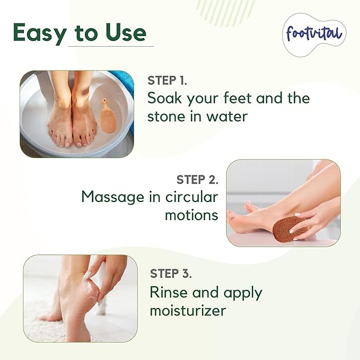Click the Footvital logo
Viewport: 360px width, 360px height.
(314, 34)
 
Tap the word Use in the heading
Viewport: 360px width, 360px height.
(124, 32)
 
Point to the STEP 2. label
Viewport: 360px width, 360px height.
(197, 179)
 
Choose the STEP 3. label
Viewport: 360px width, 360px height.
(171, 274)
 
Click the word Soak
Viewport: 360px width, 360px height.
(164, 99)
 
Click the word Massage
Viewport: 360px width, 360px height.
(113, 197)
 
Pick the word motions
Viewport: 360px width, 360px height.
(191, 215)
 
